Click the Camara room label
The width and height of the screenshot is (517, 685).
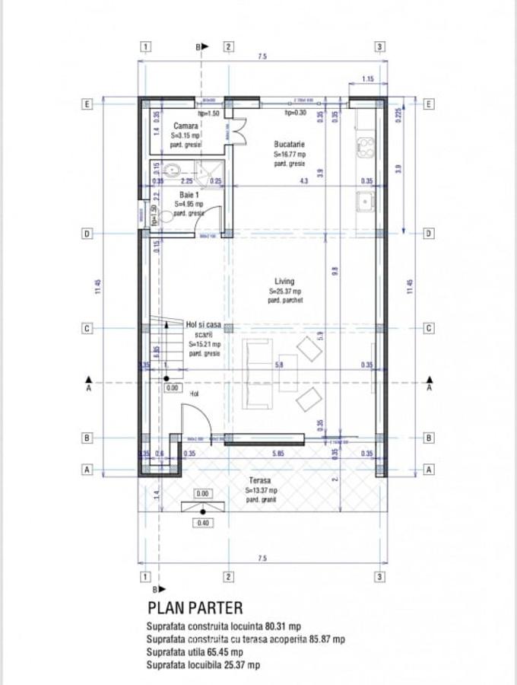coord(186,126)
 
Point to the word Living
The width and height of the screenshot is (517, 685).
coord(284,282)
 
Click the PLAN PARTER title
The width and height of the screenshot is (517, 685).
coord(195,607)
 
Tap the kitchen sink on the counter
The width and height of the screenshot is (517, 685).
coord(366,202)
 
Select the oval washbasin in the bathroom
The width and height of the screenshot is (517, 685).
coord(171,170)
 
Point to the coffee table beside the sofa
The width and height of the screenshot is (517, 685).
coord(287,373)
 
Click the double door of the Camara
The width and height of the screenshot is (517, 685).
coord(236,131)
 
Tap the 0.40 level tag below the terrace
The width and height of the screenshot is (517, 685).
coord(202,523)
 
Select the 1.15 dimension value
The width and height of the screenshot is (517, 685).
coord(367,79)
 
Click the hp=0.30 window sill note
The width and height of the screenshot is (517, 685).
coord(295,113)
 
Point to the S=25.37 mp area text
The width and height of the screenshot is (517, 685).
coord(284,291)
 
